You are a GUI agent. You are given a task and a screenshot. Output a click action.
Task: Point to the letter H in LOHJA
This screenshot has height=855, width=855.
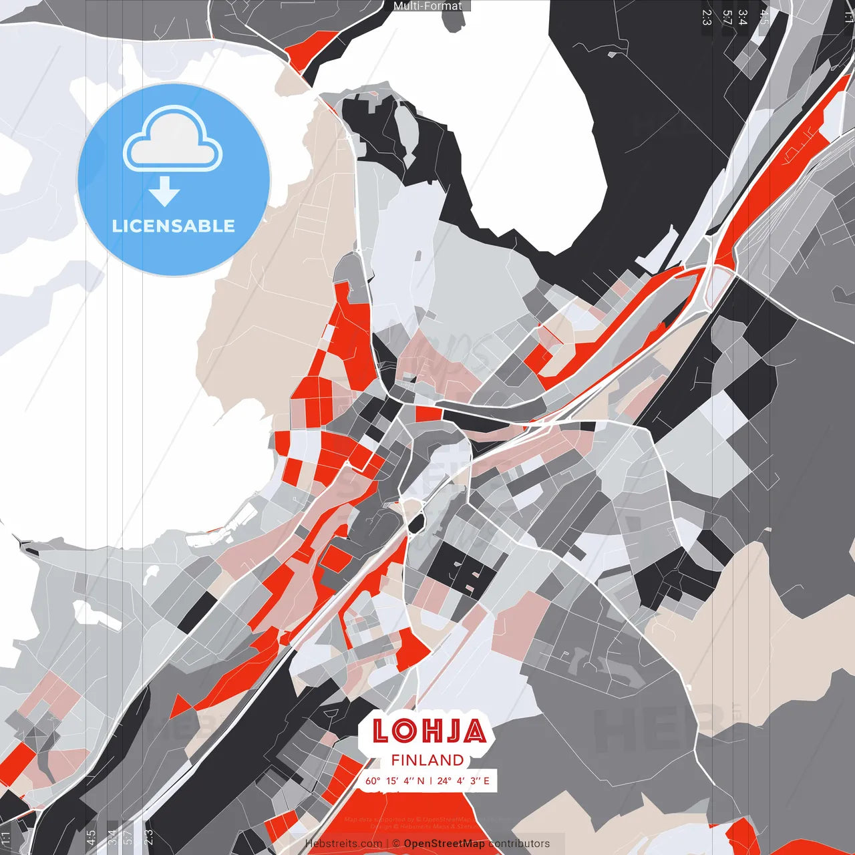tap(428, 731)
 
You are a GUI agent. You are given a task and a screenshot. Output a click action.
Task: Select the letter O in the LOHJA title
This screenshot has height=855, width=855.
tap(404, 731)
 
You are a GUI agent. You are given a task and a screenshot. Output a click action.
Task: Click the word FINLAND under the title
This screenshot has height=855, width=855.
tap(427, 760)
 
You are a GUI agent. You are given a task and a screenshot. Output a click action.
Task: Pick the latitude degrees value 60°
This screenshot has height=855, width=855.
tap(373, 780)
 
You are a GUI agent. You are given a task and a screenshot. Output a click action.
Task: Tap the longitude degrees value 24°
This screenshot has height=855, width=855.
tap(444, 780)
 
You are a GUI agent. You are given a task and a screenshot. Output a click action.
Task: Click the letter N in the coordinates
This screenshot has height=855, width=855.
tap(421, 780)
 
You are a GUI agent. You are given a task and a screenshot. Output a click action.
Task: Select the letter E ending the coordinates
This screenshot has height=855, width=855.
tap(486, 780)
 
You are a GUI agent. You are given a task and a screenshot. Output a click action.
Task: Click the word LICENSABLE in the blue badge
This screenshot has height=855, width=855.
tap(174, 226)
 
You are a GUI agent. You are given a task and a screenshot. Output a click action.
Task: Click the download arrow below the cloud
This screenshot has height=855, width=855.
tap(164, 192)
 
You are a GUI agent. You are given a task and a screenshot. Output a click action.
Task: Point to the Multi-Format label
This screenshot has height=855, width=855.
tap(427, 6)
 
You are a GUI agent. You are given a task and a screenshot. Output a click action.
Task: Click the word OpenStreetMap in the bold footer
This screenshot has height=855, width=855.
tap(444, 844)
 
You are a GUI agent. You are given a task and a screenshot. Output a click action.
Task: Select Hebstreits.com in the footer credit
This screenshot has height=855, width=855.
tap(343, 844)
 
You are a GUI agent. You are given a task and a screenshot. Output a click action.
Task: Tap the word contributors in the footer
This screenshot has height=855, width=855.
tap(519, 844)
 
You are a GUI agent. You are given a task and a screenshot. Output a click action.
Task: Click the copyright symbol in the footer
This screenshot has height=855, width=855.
tap(395, 844)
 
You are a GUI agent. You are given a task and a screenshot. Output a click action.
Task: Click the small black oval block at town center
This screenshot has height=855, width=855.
tap(417, 523)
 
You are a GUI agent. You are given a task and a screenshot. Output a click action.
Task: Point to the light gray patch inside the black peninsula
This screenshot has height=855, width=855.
tap(405, 126)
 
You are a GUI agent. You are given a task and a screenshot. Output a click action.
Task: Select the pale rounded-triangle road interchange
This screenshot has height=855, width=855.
tap(717, 282)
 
